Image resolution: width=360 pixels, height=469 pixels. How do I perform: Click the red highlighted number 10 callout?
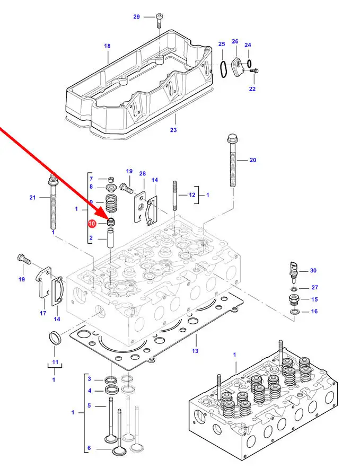coord(92,224)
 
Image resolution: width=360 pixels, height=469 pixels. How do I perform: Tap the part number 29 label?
coord(136,17)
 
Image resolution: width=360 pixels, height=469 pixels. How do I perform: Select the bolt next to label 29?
coord(159,21)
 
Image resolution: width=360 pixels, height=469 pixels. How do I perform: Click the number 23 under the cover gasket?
coord(173,130)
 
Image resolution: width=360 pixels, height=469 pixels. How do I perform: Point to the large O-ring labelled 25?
coord(223,69)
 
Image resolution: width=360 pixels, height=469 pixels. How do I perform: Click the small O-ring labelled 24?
coord(249,64)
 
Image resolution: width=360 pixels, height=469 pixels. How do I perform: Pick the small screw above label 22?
coord(254,71)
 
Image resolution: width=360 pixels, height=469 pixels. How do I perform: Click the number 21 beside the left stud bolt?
coord(32,198)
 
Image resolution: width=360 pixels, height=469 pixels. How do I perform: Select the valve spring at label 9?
coord(111,202)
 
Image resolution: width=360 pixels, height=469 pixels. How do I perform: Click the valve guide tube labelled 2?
coord(110,238)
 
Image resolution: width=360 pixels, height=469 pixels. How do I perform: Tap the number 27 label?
coord(314,287)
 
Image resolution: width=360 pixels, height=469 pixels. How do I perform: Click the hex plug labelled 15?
coord(294,299)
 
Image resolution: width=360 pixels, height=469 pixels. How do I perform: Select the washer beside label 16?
coord(294,312)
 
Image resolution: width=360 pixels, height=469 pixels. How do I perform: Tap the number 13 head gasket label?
coord(195,351)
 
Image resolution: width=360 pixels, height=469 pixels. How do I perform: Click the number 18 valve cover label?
coord(107,46)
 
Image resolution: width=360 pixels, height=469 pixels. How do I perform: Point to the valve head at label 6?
coord(119,450)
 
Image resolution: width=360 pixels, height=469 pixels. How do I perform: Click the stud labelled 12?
coord(174,196)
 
